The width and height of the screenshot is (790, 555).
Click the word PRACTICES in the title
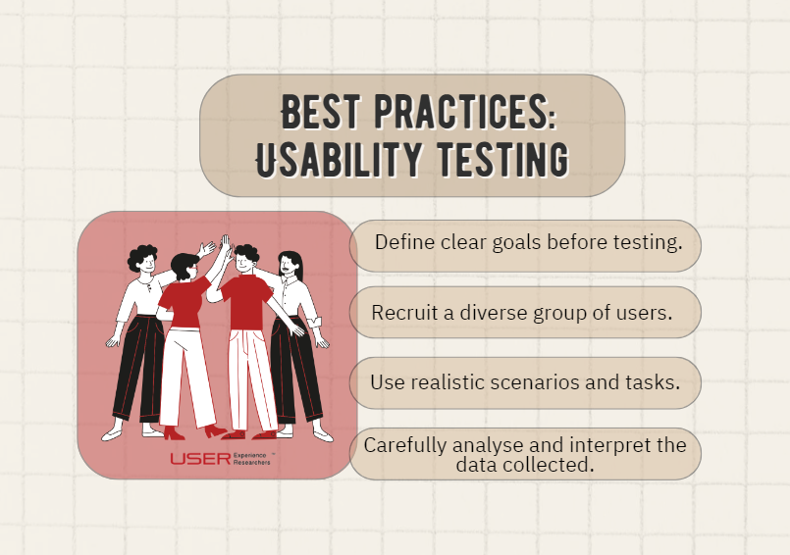(465, 111)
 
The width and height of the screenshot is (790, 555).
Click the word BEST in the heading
(321, 111)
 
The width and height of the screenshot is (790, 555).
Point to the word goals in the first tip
(517, 243)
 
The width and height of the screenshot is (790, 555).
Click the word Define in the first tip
(404, 242)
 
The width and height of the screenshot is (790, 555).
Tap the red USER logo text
(200, 459)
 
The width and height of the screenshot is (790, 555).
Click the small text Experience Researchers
(251, 459)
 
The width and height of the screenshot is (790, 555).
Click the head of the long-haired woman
(290, 265)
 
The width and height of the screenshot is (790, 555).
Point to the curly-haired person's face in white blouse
(147, 263)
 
